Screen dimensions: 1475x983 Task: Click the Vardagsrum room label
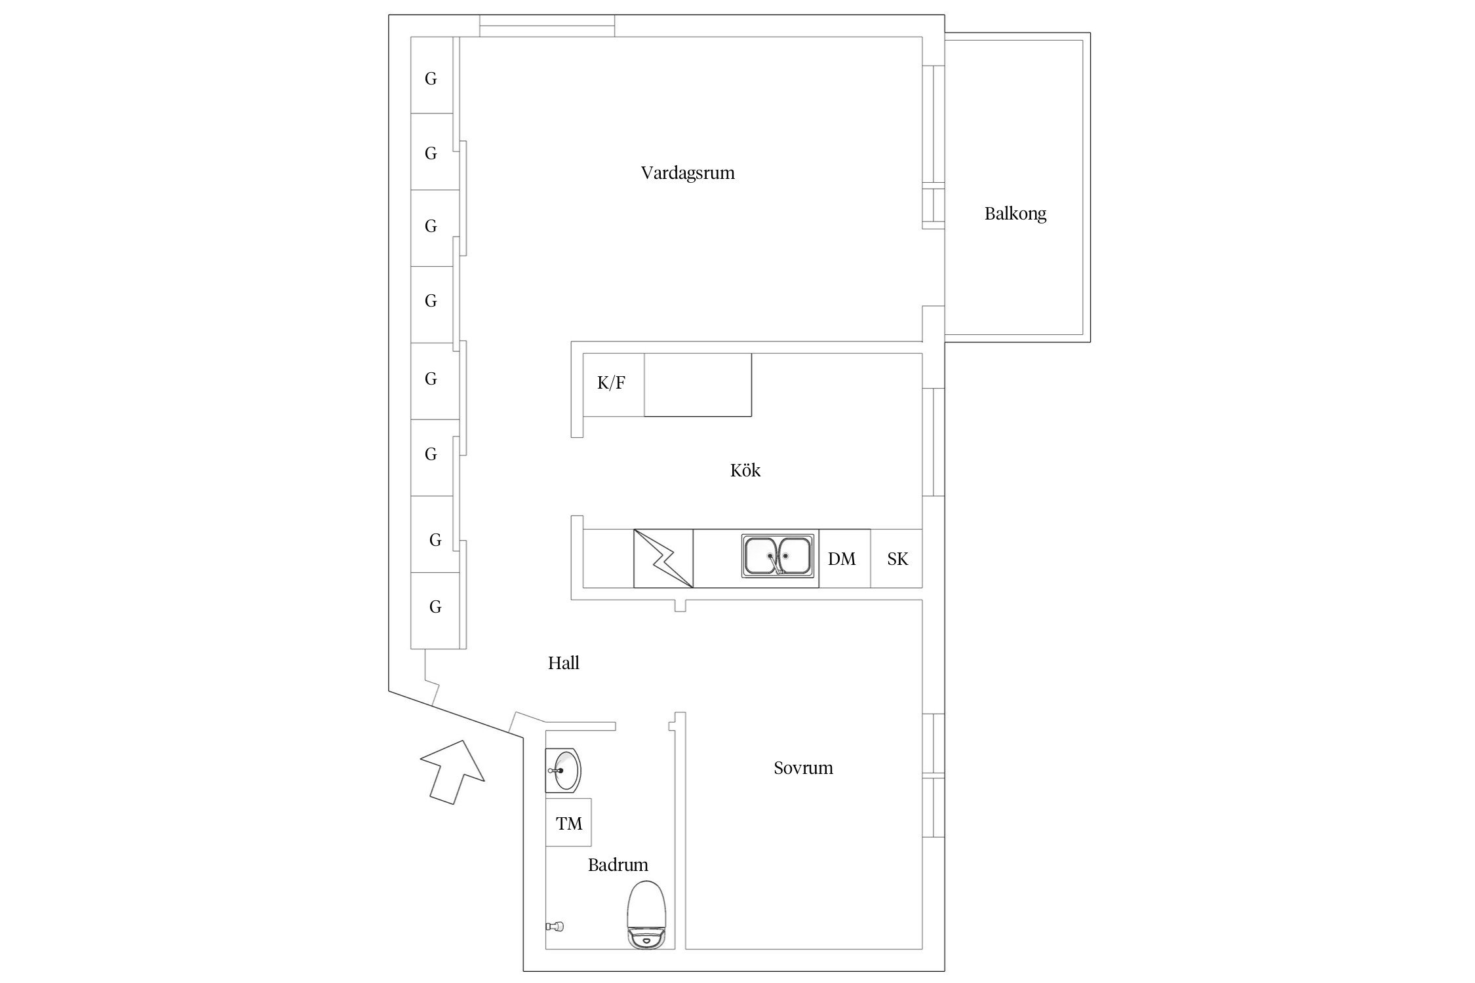(688, 173)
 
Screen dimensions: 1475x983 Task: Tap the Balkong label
(1015, 214)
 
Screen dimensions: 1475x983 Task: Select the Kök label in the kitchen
(745, 470)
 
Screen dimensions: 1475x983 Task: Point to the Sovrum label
(803, 767)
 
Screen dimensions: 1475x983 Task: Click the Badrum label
(618, 864)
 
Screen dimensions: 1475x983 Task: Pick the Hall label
(564, 663)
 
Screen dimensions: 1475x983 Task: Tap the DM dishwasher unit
(844, 558)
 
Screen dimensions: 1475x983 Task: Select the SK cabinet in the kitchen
(896, 558)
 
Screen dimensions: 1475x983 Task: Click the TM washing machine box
(568, 822)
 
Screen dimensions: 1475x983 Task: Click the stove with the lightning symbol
(663, 558)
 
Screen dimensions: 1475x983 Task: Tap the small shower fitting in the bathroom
(555, 926)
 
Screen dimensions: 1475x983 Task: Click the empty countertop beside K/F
(698, 385)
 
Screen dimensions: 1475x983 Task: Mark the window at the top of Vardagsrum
(547, 26)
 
